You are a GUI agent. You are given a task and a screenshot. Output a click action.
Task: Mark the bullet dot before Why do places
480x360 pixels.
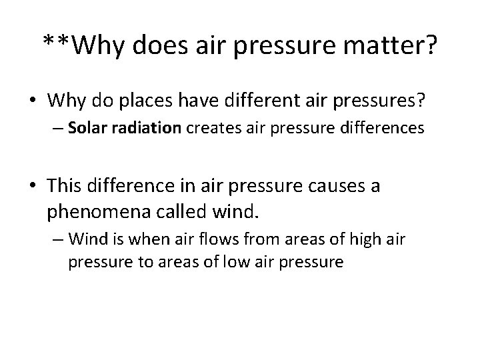33,101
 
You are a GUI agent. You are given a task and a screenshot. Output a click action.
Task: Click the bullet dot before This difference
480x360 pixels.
33,185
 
